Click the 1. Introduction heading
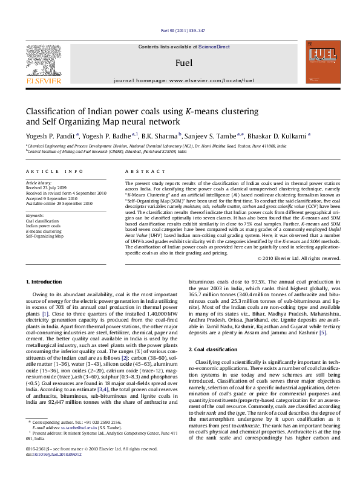[45, 282]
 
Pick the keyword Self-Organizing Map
[44, 236]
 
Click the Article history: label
[39, 182]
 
